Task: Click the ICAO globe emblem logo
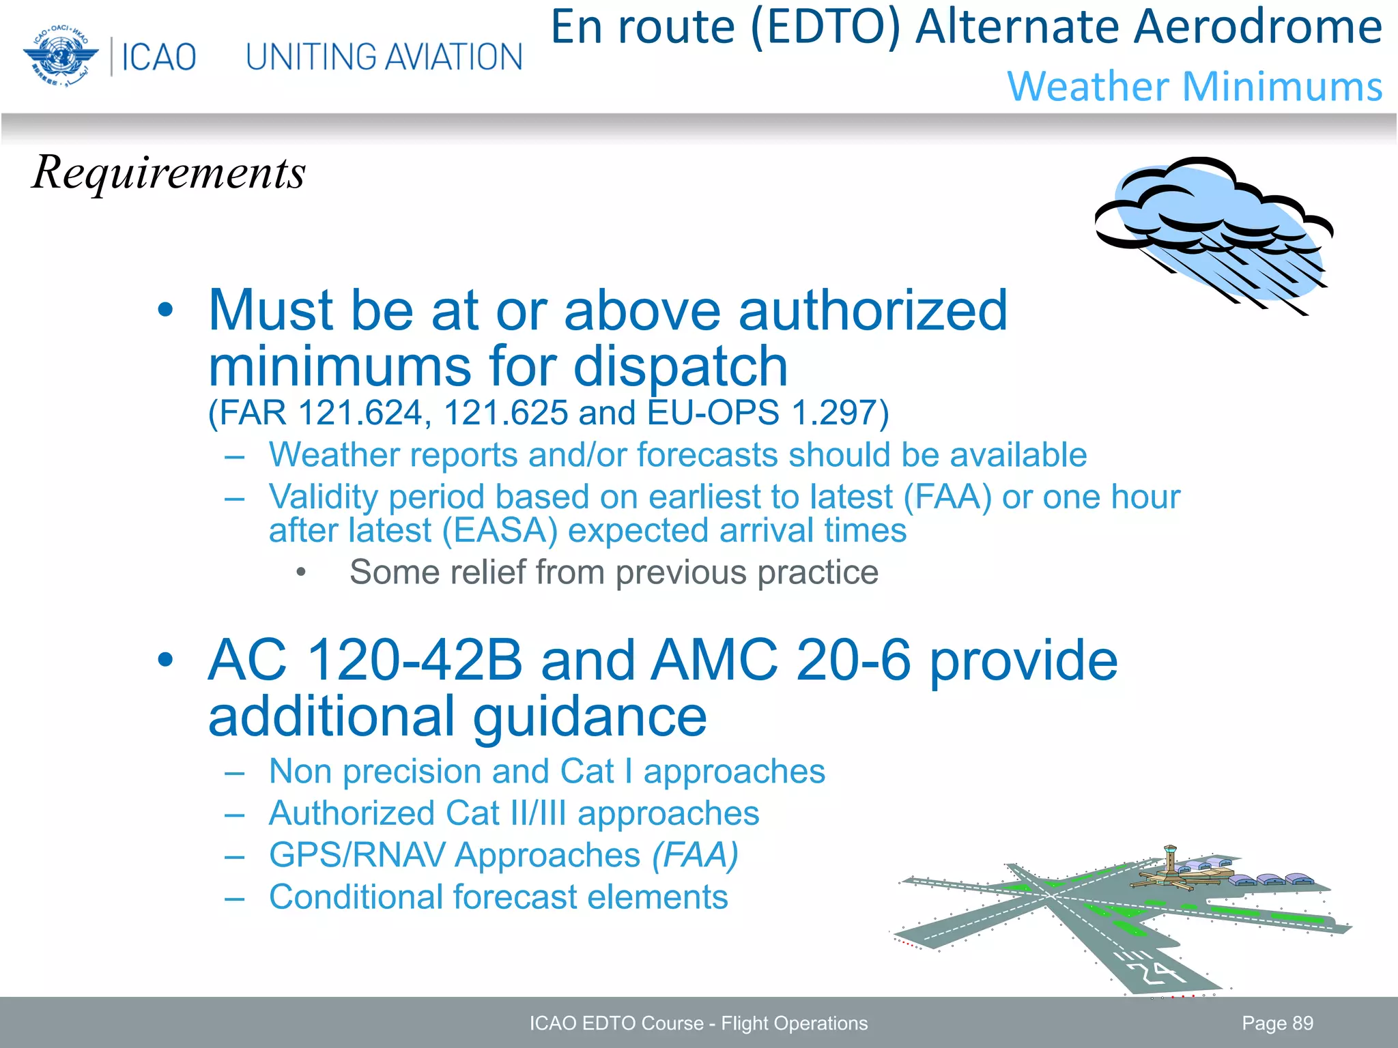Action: coord(60,56)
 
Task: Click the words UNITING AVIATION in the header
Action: coord(384,57)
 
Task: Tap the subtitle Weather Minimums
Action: coord(1195,87)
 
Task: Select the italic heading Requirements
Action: coord(169,172)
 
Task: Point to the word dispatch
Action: coord(681,366)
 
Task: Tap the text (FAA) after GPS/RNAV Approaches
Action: coord(695,855)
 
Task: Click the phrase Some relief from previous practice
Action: coord(613,572)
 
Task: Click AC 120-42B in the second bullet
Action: coord(365,660)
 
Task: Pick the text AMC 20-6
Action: coord(780,660)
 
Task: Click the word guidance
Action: coord(590,716)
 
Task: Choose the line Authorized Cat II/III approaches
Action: coord(513,813)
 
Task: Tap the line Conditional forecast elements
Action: coord(498,897)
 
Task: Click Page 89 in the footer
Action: coord(1277,1023)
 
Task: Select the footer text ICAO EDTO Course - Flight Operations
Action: coord(698,1023)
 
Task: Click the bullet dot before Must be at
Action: coord(165,310)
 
